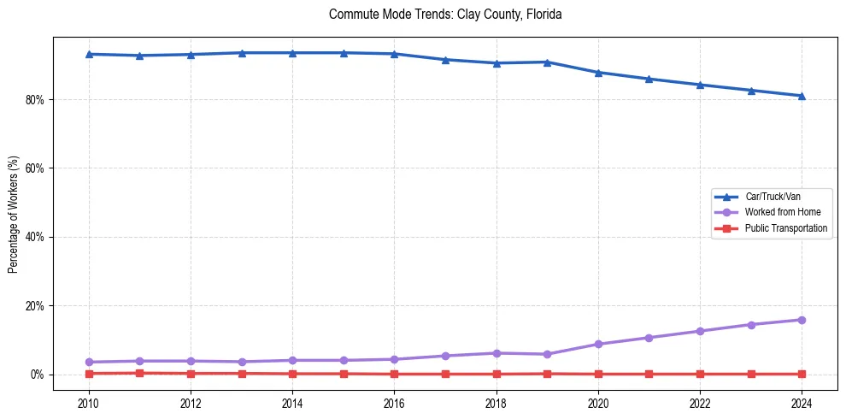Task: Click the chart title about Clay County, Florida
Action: coord(444,15)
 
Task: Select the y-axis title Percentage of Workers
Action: coord(14,215)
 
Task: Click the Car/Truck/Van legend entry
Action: coord(772,196)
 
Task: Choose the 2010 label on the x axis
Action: coord(89,403)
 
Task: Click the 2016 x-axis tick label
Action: coord(394,403)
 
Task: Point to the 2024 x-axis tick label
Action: coord(802,403)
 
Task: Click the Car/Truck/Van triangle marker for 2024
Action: coord(802,96)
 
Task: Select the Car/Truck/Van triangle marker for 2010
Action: coord(89,54)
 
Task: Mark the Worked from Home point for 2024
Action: coord(802,320)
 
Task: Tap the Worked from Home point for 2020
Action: coord(598,344)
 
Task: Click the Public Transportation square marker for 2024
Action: coord(802,374)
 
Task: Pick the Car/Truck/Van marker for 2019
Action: coord(547,62)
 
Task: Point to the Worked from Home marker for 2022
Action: coord(700,331)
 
